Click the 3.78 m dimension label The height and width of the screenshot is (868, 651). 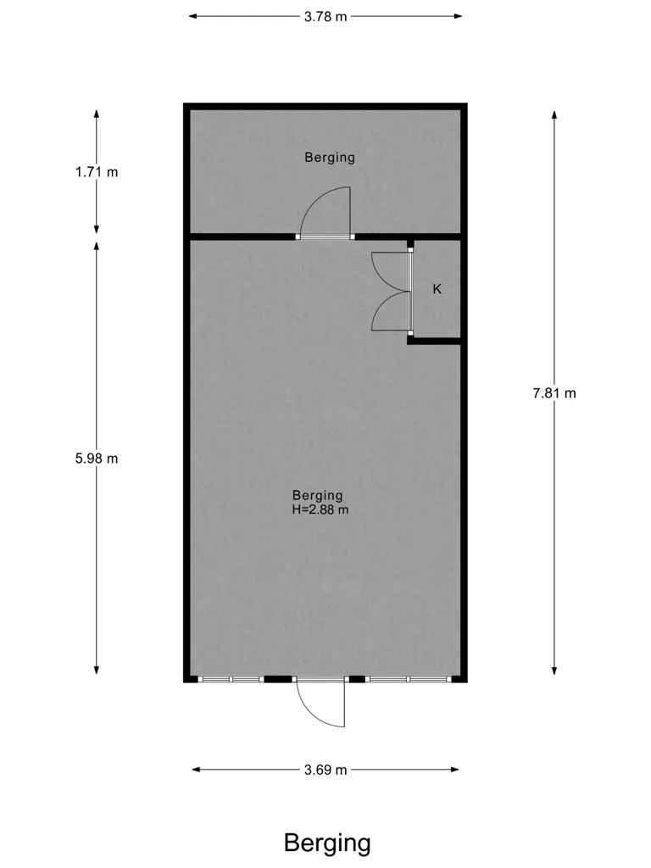tap(325, 17)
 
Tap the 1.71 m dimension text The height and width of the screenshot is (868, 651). tap(97, 172)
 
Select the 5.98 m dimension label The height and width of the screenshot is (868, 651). tap(97, 459)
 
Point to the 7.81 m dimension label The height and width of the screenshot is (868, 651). tap(554, 393)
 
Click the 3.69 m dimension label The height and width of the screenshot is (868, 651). tap(325, 770)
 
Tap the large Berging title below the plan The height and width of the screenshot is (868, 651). tap(327, 843)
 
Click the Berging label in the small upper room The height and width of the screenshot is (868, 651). tap(330, 157)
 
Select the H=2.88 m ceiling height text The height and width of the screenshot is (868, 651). tap(320, 509)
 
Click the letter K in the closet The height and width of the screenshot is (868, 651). tap(437, 289)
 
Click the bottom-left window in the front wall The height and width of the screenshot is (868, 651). tap(231, 679)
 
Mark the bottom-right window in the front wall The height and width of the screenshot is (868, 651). tap(409, 679)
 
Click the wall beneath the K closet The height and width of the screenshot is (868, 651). tap(435, 341)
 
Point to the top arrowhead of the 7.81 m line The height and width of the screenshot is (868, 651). tap(554, 114)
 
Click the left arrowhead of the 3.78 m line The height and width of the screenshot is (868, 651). tap(193, 17)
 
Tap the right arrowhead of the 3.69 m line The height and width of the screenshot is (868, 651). tap(454, 770)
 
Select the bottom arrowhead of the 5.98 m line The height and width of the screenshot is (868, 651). tap(97, 670)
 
